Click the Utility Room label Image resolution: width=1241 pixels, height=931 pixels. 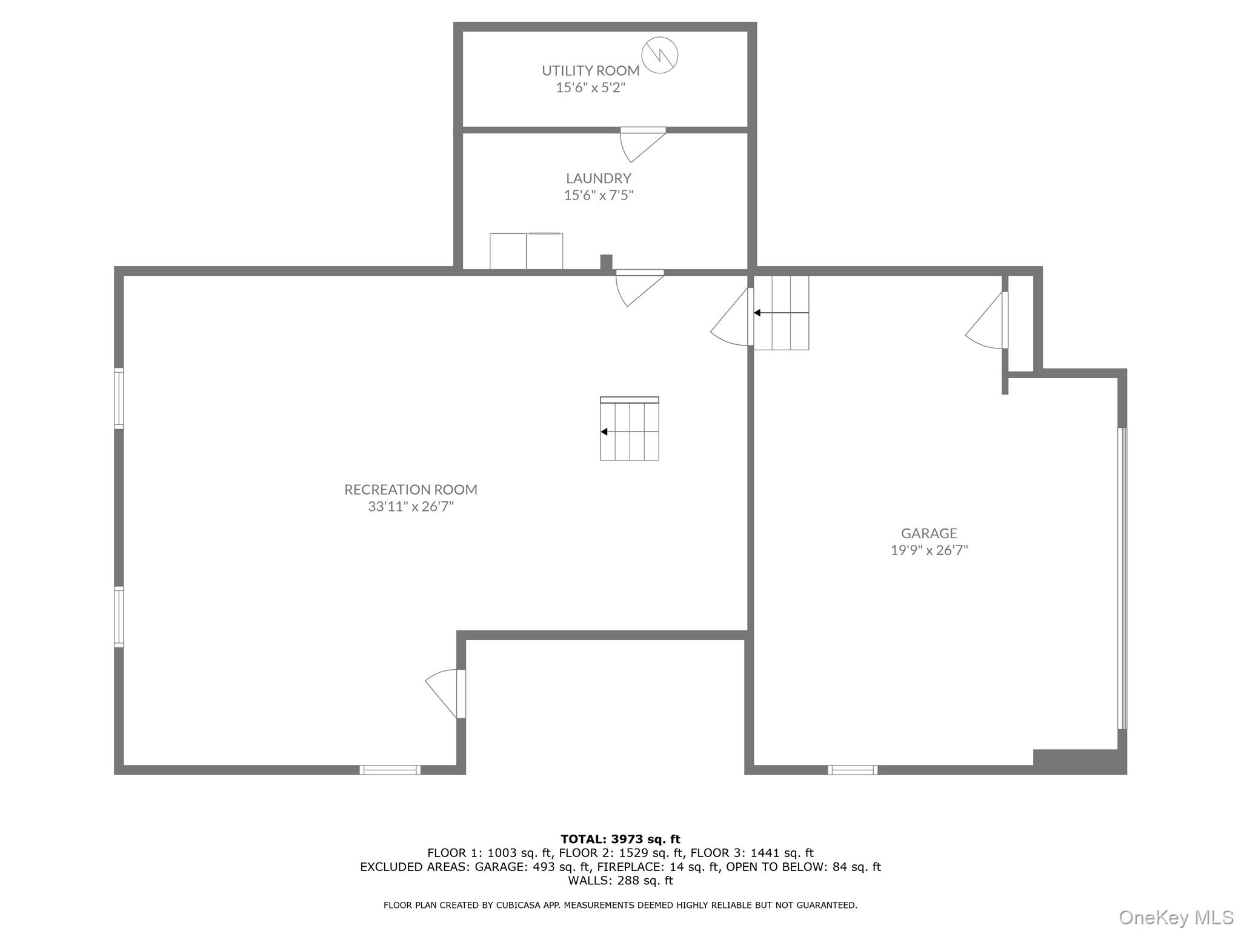pos(590,70)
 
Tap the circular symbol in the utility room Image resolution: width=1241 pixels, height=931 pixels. pos(659,55)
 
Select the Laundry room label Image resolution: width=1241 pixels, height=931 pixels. pos(598,178)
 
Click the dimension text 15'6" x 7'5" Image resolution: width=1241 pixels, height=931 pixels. pos(598,195)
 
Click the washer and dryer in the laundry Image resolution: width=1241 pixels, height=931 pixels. pos(526,251)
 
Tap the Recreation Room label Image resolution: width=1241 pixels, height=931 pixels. pos(411,489)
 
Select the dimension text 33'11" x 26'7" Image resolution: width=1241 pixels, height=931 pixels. pos(411,506)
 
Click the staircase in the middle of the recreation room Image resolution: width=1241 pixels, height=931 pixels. pos(630,430)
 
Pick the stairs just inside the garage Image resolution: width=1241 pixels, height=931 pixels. pos(781,313)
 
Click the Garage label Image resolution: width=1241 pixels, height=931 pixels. pos(929,533)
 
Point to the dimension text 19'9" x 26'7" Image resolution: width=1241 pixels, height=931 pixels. pos(929,550)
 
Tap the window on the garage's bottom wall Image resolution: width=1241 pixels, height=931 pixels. pos(853,770)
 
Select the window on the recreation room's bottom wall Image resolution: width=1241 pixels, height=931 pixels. pos(390,770)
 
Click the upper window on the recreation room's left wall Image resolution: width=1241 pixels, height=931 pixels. pos(119,399)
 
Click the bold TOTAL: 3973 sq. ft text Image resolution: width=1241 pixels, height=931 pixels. pos(620,839)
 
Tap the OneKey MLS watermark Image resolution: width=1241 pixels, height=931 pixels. pos(1176,918)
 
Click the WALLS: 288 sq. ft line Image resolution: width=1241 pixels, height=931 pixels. pos(620,881)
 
